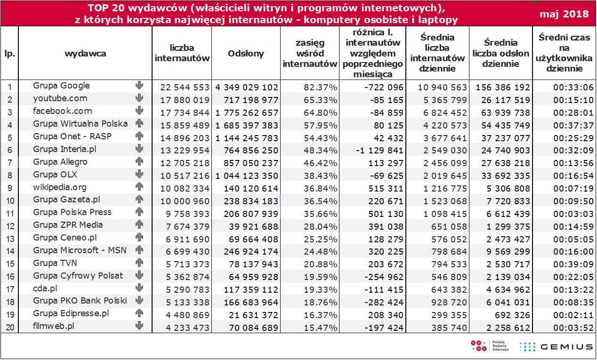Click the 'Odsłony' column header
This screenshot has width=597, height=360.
246,54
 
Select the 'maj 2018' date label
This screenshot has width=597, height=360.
564,13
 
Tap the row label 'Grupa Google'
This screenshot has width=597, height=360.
61,86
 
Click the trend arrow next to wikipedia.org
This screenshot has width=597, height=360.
139,187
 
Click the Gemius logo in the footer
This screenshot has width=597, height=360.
556,347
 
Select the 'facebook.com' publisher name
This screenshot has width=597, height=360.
62,111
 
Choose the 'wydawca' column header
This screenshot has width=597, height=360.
85,54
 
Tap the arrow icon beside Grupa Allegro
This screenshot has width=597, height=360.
139,161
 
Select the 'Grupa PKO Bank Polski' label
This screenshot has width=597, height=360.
80,301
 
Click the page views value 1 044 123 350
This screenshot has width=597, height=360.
247,176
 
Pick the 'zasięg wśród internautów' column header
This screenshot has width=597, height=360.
310,54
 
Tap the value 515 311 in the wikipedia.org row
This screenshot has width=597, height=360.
385,189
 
